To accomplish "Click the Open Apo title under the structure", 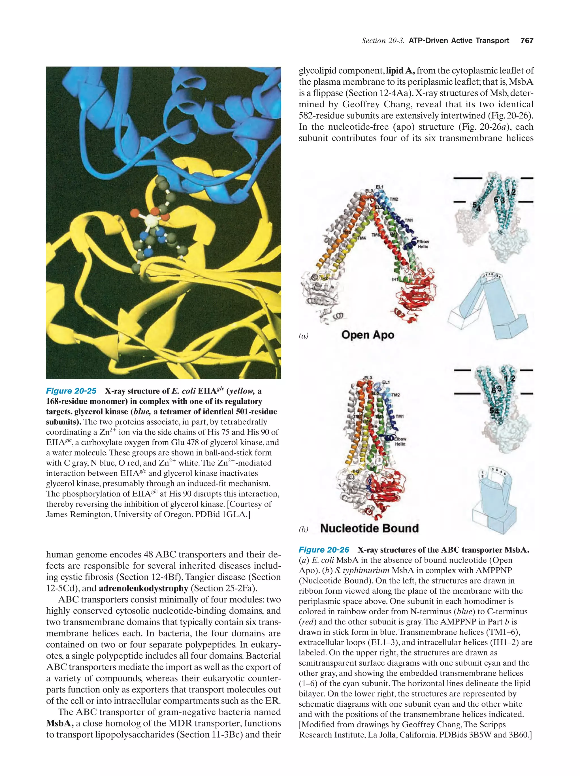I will tap(368, 335).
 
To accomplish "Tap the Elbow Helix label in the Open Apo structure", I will tap(423, 244).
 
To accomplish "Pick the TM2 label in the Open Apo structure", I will tap(394, 199).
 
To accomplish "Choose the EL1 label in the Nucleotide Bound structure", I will tap(386, 382).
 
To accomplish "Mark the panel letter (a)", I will tap(304, 336).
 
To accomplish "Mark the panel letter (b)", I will tap(304, 529).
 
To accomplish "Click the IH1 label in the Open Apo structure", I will tap(395, 279).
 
